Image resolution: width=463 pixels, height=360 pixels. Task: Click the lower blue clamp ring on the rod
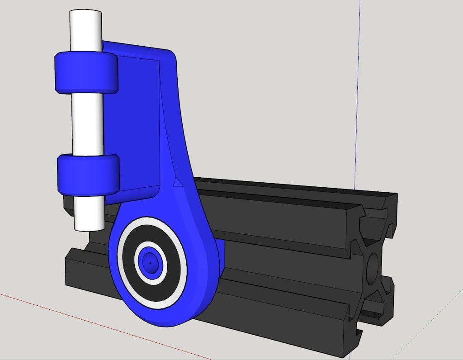(x=88, y=175)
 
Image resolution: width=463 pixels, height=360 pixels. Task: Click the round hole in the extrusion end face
(x=373, y=267)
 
